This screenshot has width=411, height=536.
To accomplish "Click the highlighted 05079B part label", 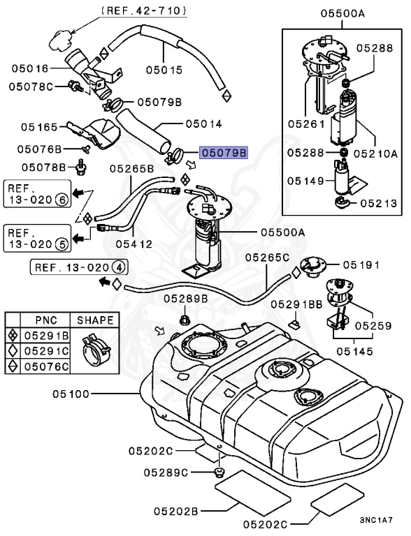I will coord(224,154).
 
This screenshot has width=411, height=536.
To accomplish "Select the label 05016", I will coord(29,68).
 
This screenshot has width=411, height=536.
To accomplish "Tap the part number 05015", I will coord(164,70).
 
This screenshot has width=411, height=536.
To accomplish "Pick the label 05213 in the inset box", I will coord(378,204).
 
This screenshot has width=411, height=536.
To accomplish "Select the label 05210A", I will coord(379,152).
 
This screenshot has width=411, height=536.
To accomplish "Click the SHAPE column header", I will coord(94,320).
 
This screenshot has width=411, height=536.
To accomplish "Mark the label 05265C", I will coord(266,258).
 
